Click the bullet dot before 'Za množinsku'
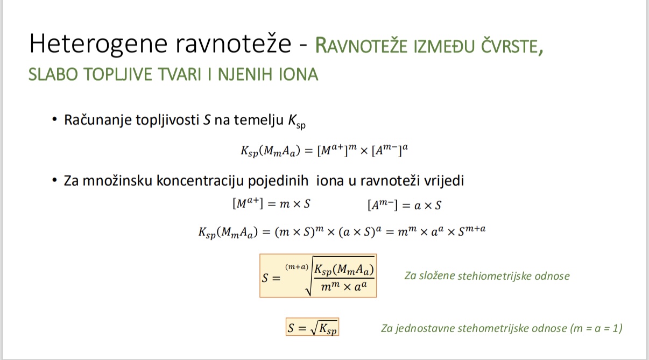point(54,180)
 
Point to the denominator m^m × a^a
point(344,287)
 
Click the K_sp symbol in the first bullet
point(295,122)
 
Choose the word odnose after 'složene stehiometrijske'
point(552,277)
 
